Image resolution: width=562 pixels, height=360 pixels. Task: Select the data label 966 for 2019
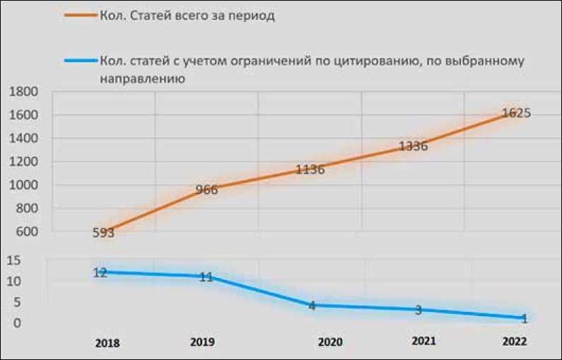point(206,190)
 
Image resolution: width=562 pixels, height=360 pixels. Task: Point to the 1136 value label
point(310,169)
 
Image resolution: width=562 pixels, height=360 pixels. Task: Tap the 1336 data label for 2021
point(413,146)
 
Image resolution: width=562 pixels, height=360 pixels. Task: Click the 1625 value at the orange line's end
point(516,112)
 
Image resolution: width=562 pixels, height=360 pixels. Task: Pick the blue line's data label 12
point(100,272)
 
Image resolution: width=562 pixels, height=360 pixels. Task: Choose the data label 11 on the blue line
point(206,277)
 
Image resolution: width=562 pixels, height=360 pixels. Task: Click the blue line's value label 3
point(418,309)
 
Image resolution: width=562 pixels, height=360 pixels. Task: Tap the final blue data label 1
point(524,318)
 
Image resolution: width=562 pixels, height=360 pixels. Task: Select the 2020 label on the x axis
point(330,342)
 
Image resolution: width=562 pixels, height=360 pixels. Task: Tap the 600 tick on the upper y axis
point(25,231)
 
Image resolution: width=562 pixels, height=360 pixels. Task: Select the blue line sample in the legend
point(80,60)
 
